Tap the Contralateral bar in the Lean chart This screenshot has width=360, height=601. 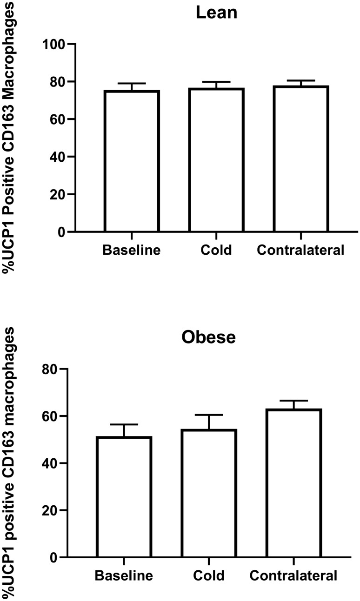[301, 158]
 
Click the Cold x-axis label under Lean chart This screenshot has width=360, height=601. [216, 251]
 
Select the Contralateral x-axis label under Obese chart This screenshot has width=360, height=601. [293, 576]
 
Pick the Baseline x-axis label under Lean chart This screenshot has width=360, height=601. [132, 251]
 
